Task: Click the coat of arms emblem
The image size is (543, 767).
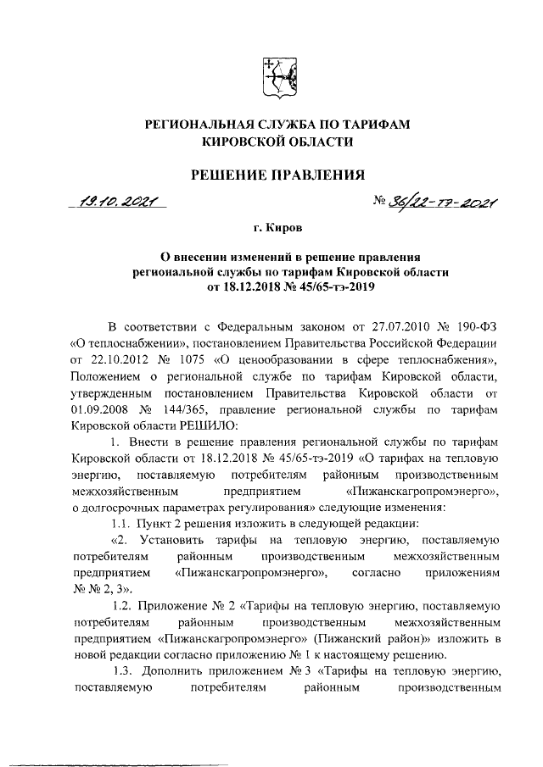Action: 277,75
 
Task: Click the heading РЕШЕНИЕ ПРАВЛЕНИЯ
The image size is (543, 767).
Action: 277,175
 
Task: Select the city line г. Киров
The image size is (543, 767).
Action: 277,228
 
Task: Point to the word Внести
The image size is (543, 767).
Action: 149,442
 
